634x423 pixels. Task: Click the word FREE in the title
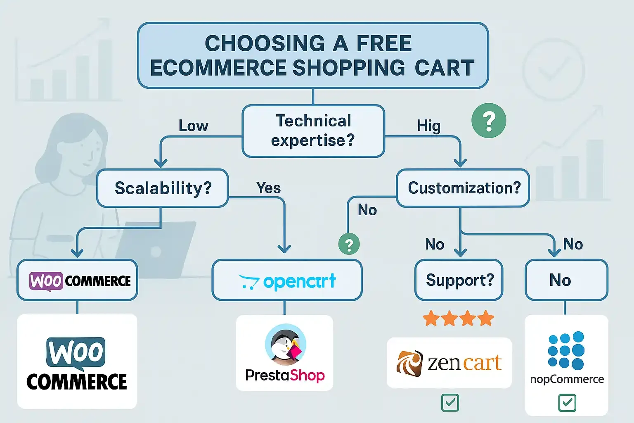[x=384, y=43]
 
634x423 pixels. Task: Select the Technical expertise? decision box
[x=313, y=131]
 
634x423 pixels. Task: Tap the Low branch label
[x=193, y=126]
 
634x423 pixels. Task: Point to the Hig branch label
[x=428, y=126]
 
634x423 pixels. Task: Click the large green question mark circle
[x=489, y=121]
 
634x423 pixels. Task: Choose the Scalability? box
[x=163, y=188]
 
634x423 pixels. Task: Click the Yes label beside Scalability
[x=268, y=188]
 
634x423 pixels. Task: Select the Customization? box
[x=464, y=188]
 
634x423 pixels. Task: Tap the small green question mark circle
[x=349, y=244]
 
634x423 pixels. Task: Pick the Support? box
[x=459, y=280]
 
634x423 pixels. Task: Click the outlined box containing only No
[x=566, y=280]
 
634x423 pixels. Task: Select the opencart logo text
[x=299, y=282]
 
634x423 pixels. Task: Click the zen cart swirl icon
[x=409, y=363]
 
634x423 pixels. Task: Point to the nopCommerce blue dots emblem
[x=566, y=350]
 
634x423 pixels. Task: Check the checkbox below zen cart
[x=449, y=403]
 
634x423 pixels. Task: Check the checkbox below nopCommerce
[x=567, y=403]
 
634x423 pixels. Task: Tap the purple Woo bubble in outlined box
[x=46, y=281]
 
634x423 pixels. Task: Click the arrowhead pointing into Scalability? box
[x=161, y=163]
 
